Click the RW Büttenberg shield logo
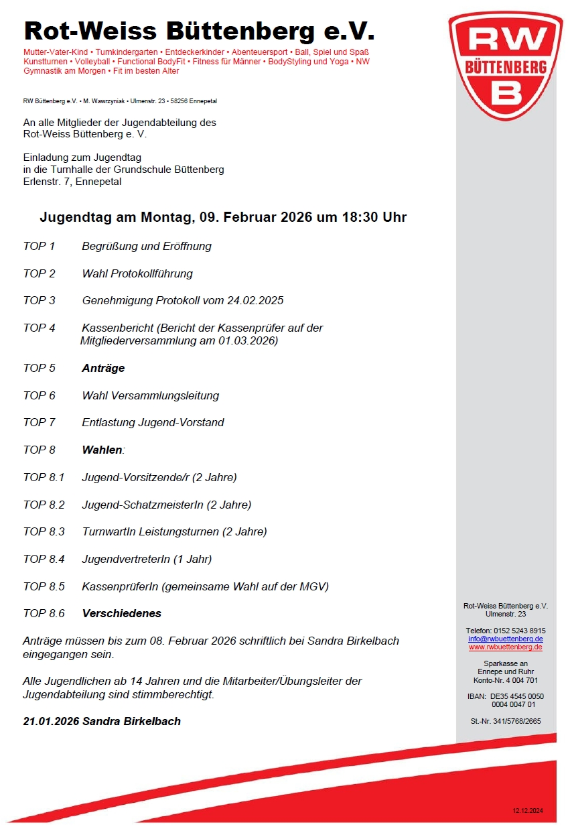[505, 64]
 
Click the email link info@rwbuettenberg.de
[506, 639]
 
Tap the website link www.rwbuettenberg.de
[506, 647]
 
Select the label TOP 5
[40, 368]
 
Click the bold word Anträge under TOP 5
[103, 368]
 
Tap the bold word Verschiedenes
[121, 613]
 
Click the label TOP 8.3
[44, 531]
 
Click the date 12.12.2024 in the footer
[528, 811]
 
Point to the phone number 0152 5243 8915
[520, 631]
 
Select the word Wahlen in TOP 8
[102, 450]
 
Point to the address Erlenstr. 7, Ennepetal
[72, 181]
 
